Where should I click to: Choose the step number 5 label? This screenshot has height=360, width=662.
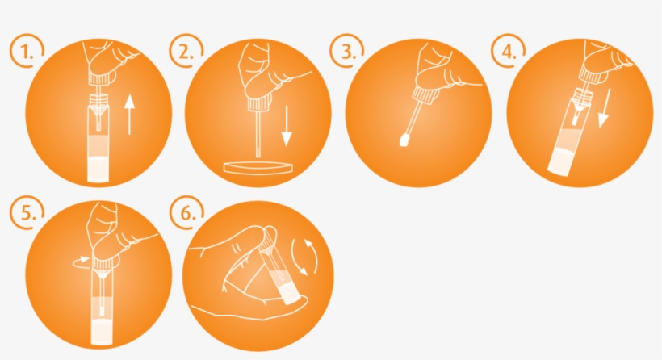pyautogui.click(x=25, y=214)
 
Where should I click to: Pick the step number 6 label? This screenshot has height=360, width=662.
pyautogui.click(x=185, y=214)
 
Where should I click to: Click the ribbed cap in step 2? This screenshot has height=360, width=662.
pyautogui.click(x=258, y=102)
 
